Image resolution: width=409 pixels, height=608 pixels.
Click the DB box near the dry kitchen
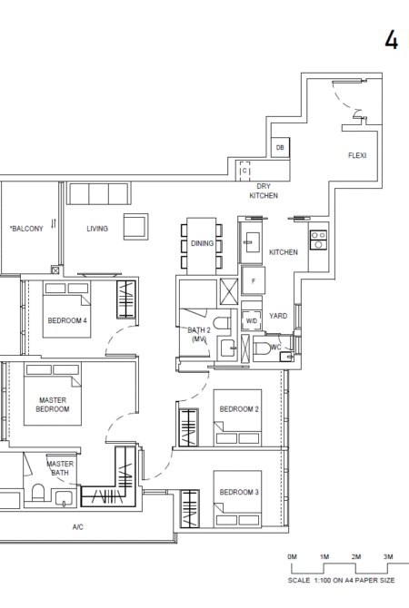tap(280, 147)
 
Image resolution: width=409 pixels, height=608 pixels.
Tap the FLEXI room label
tap(357, 155)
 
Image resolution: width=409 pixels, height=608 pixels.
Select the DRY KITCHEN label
tap(264, 191)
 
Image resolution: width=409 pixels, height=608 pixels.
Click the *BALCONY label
tap(26, 229)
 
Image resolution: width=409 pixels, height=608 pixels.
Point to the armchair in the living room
tap(136, 227)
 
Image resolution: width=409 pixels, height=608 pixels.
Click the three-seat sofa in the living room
tap(99, 193)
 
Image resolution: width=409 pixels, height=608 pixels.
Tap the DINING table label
tap(202, 243)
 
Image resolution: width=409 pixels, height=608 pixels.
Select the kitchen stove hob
tap(318, 240)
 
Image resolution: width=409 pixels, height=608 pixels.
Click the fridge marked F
tap(254, 280)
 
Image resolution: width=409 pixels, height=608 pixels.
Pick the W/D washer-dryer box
tap(251, 320)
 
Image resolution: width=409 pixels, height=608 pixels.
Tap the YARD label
tap(278, 316)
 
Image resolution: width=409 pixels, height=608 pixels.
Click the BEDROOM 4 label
tap(67, 320)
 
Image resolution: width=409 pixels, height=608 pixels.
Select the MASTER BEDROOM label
tap(53, 405)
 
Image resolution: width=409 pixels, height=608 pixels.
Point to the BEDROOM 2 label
tap(239, 409)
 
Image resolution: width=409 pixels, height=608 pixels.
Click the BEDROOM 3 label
tap(239, 492)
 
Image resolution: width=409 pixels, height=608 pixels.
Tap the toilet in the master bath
tap(38, 494)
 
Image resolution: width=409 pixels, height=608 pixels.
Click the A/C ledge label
tap(77, 527)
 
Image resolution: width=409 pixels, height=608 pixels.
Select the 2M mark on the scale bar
tap(356, 557)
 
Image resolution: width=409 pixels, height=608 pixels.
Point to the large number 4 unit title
tap(392, 40)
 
